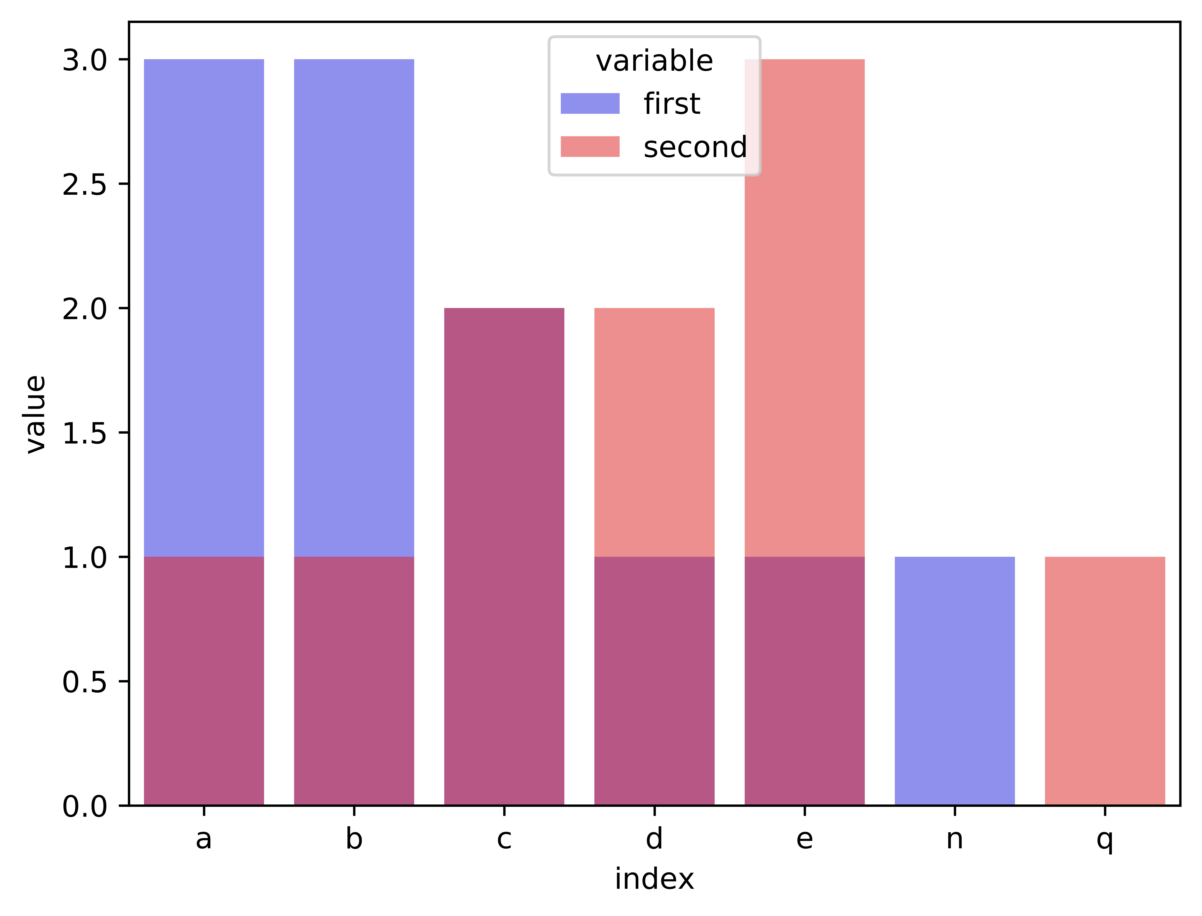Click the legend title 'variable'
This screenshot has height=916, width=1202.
coord(654,61)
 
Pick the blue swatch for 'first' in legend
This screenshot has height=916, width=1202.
coord(590,104)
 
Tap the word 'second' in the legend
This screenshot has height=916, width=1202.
coord(695,147)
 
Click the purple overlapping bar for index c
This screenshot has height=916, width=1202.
coord(504,556)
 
